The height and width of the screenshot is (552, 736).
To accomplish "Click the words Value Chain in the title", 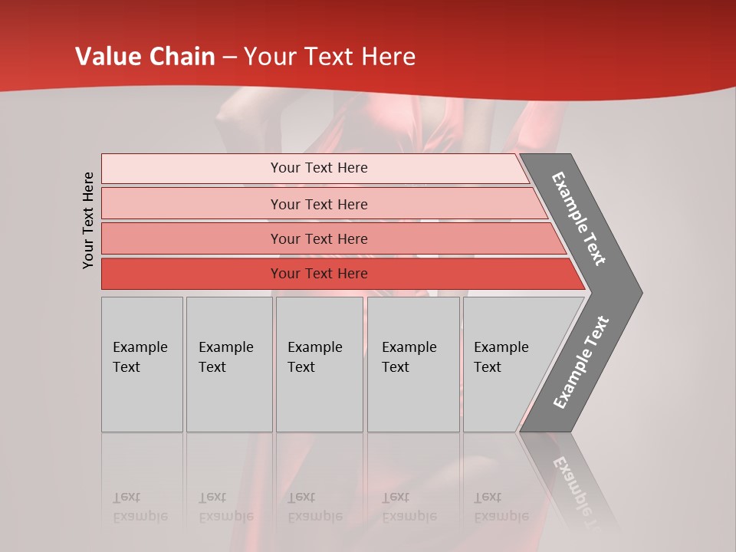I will pyautogui.click(x=145, y=57).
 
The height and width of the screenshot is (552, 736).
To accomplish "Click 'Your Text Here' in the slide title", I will pyautogui.click(x=330, y=57).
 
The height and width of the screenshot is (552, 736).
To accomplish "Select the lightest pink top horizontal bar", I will pyautogui.click(x=192, y=168).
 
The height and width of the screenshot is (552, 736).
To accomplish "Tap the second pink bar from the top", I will pyautogui.click(x=192, y=204).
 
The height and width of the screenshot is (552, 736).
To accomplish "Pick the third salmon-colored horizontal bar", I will pyautogui.click(x=192, y=238).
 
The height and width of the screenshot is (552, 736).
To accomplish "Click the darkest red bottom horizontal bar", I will pyautogui.click(x=192, y=274).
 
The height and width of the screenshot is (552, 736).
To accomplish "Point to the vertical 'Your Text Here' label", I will pyautogui.click(x=88, y=220).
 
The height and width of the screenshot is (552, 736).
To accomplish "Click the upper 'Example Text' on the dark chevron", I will pyautogui.click(x=579, y=219).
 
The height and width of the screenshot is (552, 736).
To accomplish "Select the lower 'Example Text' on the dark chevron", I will pyautogui.click(x=581, y=362).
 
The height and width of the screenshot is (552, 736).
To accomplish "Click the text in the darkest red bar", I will pyautogui.click(x=319, y=274).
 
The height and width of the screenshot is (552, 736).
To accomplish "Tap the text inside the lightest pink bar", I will pyautogui.click(x=319, y=168).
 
